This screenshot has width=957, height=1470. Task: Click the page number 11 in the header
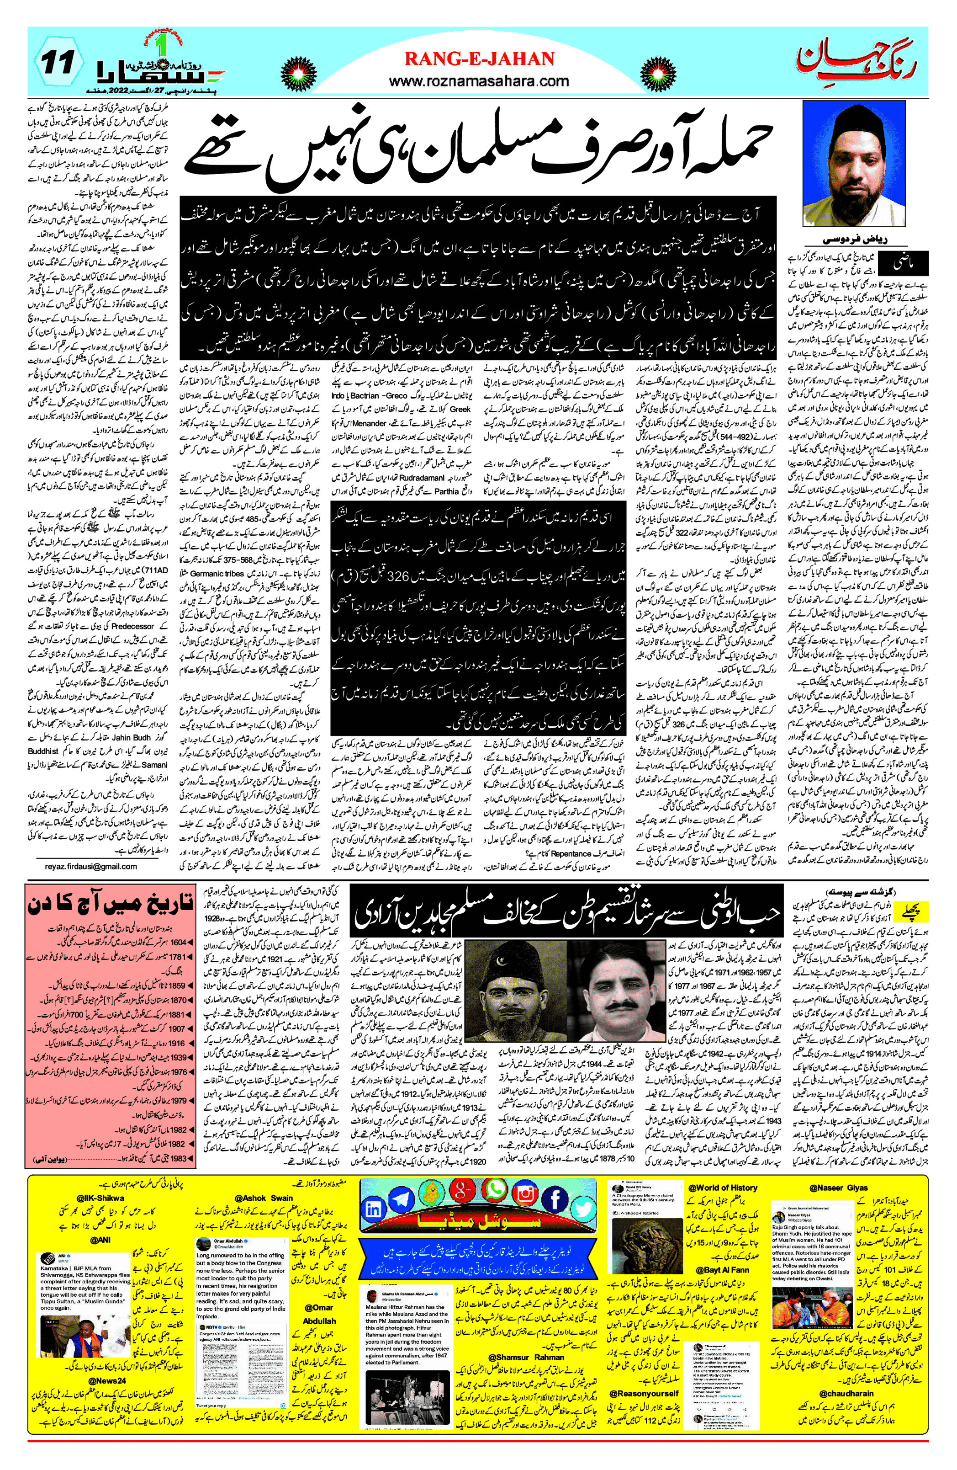(58, 63)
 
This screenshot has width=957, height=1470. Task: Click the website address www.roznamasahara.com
(479, 81)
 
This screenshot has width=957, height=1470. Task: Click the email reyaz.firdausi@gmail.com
(91, 866)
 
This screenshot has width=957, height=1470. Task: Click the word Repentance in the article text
(571, 853)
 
